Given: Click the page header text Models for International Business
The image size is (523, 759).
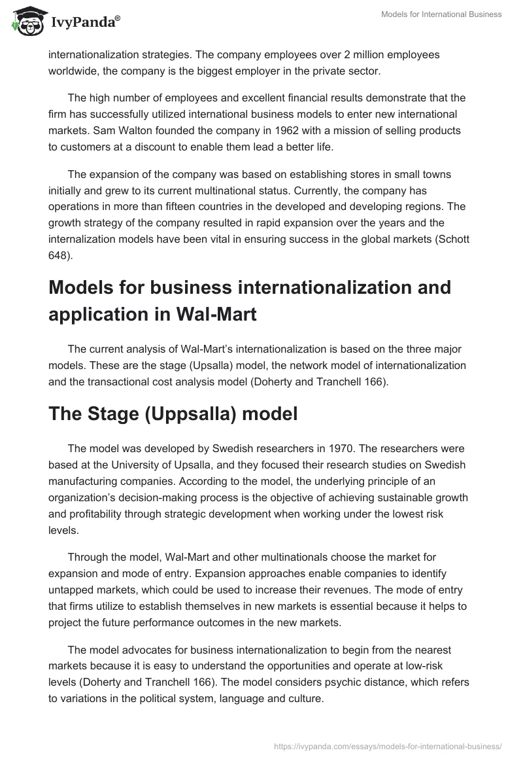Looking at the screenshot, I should coord(442,15).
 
